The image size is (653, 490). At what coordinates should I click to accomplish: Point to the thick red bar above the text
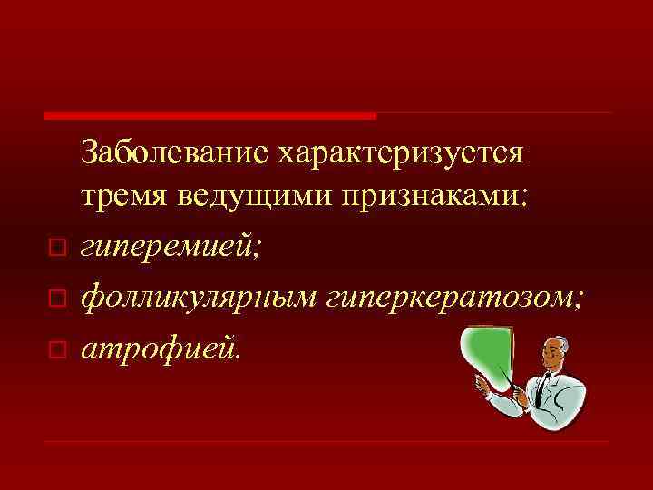[210, 115]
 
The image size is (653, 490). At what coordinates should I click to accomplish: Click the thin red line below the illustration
[326, 443]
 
